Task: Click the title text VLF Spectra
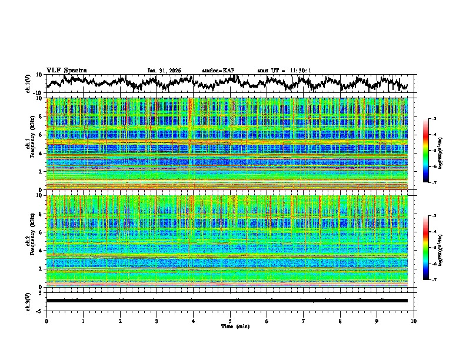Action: click(66, 71)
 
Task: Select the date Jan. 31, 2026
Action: click(164, 71)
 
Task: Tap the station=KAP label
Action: click(218, 71)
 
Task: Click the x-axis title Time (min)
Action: click(235, 326)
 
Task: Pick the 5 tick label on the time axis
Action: click(230, 321)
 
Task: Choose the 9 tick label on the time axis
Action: click(377, 321)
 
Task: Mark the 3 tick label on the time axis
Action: click(157, 321)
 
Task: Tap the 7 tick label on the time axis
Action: click(304, 321)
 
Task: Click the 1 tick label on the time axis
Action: click(83, 321)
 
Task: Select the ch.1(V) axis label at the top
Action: click(28, 84)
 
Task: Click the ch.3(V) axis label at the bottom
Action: click(28, 300)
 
